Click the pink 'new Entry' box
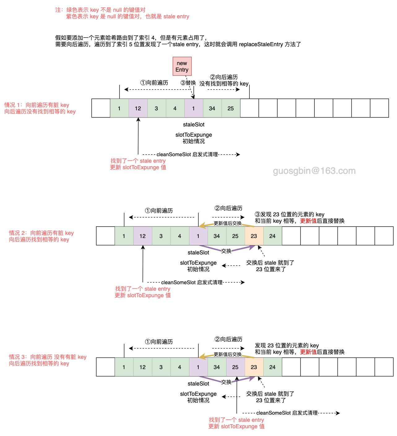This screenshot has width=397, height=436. (182, 66)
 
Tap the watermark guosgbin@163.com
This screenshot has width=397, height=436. (314, 171)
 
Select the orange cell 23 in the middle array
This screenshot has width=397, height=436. (254, 236)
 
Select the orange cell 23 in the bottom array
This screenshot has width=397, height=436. (254, 367)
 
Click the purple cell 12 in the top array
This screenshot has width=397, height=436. (138, 108)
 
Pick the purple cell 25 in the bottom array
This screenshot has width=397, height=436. (235, 367)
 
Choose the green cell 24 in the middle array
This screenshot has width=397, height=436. (272, 236)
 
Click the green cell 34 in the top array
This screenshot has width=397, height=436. (212, 108)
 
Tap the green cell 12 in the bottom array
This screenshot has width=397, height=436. (142, 367)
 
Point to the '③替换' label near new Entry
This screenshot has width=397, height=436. (188, 83)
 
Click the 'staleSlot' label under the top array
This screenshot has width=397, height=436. (194, 125)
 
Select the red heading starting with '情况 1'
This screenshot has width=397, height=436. (40, 108)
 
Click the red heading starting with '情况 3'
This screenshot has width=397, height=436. (47, 360)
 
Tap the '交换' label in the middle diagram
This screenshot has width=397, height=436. (226, 251)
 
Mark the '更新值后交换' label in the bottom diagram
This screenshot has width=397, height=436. (227, 354)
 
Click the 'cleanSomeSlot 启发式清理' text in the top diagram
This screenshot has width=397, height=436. (187, 154)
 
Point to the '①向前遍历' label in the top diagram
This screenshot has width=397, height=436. (154, 83)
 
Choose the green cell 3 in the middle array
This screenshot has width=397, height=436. (161, 236)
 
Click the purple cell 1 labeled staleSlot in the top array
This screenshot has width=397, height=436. (193, 108)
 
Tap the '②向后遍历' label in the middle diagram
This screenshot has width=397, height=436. (228, 208)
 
